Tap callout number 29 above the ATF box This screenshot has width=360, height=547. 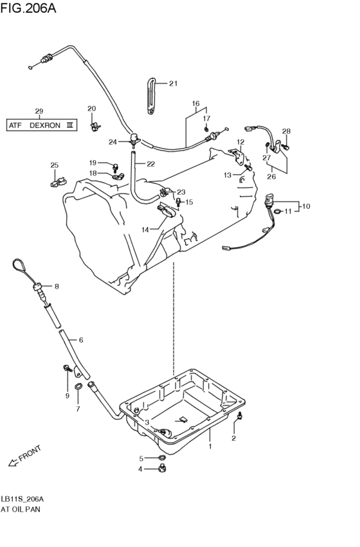39,111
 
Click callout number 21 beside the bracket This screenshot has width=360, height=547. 173,84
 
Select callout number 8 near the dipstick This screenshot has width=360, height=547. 57,286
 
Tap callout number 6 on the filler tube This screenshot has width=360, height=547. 80,339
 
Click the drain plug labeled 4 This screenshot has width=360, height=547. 161,469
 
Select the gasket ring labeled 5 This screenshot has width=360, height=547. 161,458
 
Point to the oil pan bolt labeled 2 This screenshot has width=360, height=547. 239,418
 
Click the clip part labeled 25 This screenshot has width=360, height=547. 57,182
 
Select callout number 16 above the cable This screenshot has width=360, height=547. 195,103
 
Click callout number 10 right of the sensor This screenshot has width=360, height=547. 306,206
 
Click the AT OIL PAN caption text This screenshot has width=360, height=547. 21,508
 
